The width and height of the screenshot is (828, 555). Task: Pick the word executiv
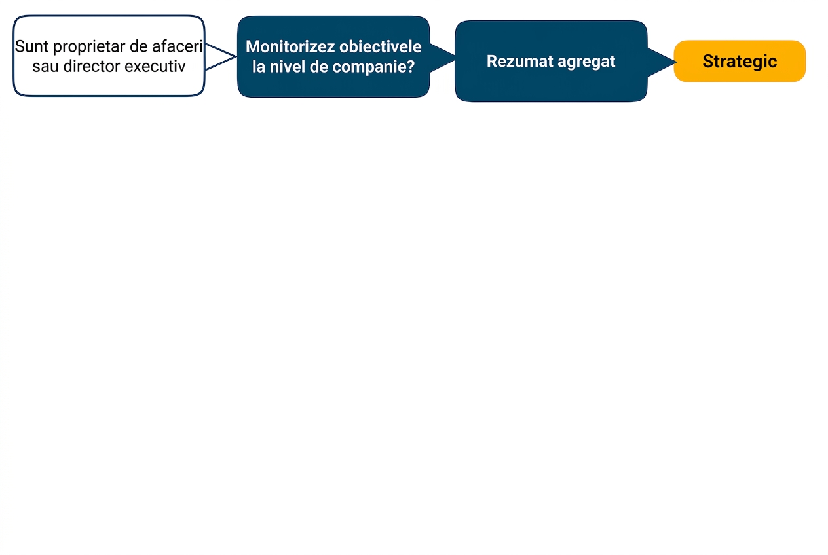pyautogui.click(x=155, y=67)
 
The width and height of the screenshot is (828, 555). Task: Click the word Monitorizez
pyautogui.click(x=290, y=47)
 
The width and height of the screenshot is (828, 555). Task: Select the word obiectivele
pyautogui.click(x=381, y=47)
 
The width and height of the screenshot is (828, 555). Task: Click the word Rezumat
pyautogui.click(x=519, y=62)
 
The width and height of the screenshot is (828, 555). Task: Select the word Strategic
pyautogui.click(x=740, y=62)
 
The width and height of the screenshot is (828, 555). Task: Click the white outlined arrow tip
pyautogui.click(x=235, y=56)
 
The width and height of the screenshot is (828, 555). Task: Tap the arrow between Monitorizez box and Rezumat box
pyautogui.click(x=442, y=58)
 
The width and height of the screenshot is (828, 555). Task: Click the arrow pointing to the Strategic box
pyautogui.click(x=662, y=62)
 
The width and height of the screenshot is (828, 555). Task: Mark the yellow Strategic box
pyautogui.click(x=740, y=62)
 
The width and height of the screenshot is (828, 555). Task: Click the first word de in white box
pyautogui.click(x=139, y=47)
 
